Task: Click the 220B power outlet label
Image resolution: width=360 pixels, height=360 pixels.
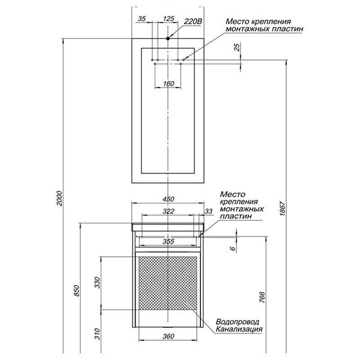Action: [x=193, y=22]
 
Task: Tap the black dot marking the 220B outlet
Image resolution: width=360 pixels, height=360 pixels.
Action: [x=168, y=38]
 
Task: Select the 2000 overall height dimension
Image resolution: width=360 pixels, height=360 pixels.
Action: [x=59, y=198]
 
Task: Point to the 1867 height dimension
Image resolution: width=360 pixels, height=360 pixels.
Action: [x=283, y=208]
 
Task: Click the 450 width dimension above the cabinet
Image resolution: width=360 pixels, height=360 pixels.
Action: [x=168, y=199]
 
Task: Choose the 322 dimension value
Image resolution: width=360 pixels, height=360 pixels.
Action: [x=168, y=211]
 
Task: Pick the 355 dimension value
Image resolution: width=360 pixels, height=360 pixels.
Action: [x=168, y=242]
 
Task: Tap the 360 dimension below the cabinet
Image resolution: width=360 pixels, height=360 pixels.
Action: [x=168, y=337]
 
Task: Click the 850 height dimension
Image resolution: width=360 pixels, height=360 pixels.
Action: [x=77, y=290]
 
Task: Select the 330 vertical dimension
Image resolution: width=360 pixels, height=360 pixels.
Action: [x=98, y=283]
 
